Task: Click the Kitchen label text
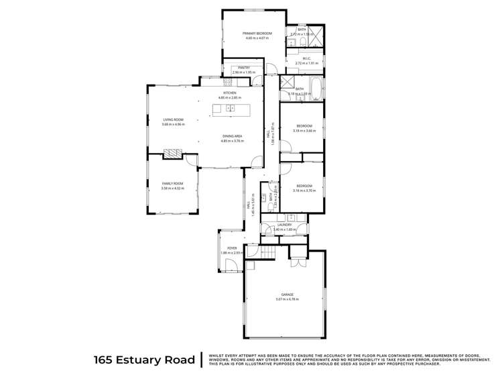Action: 239,93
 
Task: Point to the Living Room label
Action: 173,119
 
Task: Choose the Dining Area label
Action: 233,136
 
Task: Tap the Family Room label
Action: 172,183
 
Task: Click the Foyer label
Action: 232,248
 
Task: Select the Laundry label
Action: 285,225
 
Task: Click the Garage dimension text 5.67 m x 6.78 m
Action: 287,299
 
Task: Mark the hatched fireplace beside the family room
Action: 172,154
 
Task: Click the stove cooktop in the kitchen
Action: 228,83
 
